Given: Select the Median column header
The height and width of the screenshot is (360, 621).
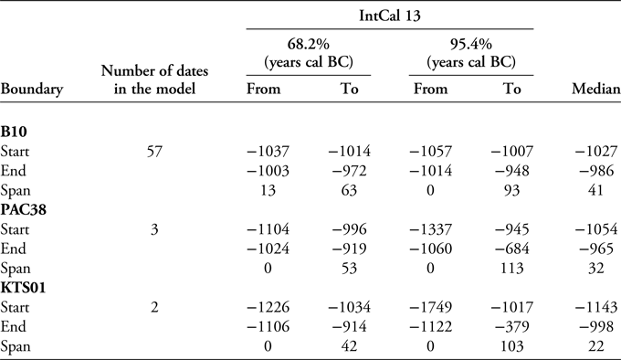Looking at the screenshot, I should pyautogui.click(x=595, y=90).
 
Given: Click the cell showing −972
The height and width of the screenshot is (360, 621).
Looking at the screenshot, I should pyautogui.click(x=348, y=169).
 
